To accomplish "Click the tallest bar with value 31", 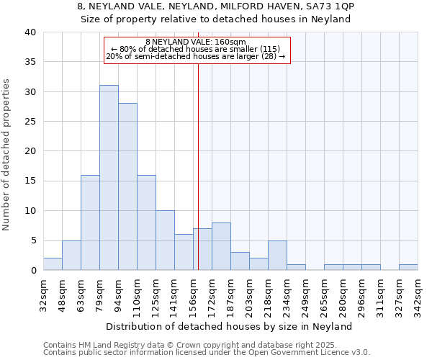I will [x=109, y=178].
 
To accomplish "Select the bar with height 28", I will [x=127, y=186].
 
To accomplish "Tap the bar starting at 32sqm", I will [x=53, y=264].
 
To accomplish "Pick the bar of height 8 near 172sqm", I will [x=221, y=246].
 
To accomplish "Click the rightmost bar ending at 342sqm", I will [x=408, y=267].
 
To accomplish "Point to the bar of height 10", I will [x=165, y=240].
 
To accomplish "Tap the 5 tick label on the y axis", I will [x=32, y=240].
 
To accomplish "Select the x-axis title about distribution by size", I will [x=234, y=326].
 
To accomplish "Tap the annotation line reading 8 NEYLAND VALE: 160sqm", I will [x=196, y=42].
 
